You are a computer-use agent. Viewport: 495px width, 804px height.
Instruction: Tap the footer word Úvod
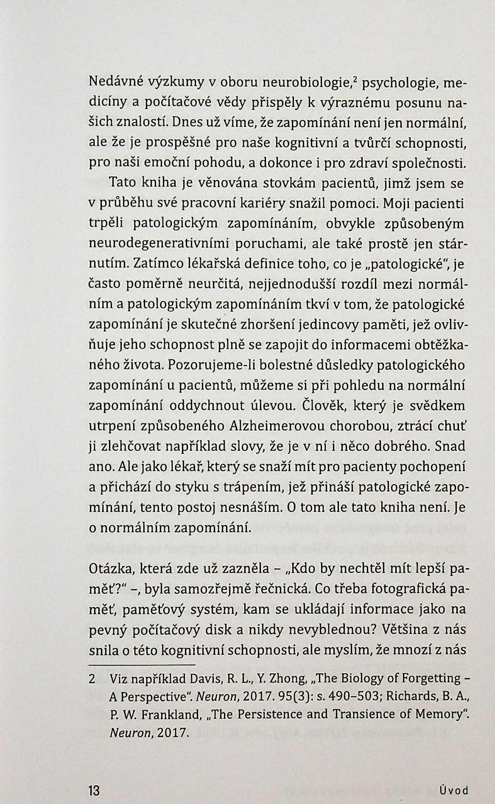[454, 791]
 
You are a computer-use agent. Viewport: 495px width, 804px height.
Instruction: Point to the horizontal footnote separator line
[142, 664]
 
